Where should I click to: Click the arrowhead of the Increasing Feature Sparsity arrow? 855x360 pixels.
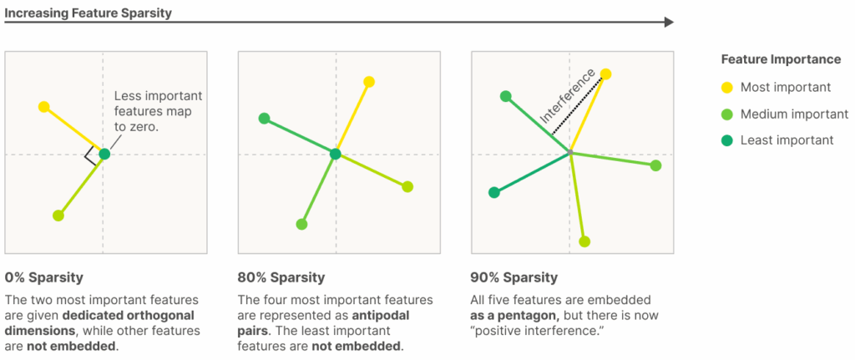669,23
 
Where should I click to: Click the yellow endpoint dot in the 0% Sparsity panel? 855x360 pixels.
43,106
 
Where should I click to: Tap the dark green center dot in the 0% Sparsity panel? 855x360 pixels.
104,155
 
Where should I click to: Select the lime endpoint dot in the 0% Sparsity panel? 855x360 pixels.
58,215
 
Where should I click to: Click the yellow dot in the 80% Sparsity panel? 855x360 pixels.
369,82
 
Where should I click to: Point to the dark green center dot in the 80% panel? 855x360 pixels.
336,155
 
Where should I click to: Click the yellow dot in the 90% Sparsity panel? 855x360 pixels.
605,74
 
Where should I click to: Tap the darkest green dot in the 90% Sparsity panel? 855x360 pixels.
494,193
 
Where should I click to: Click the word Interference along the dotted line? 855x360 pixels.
567,97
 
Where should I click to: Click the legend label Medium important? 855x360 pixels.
795,114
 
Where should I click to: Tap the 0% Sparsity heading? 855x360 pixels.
44,277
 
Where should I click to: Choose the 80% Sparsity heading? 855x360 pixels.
281,277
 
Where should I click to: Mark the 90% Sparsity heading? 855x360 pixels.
514,277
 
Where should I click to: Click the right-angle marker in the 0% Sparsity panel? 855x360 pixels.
89,157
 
